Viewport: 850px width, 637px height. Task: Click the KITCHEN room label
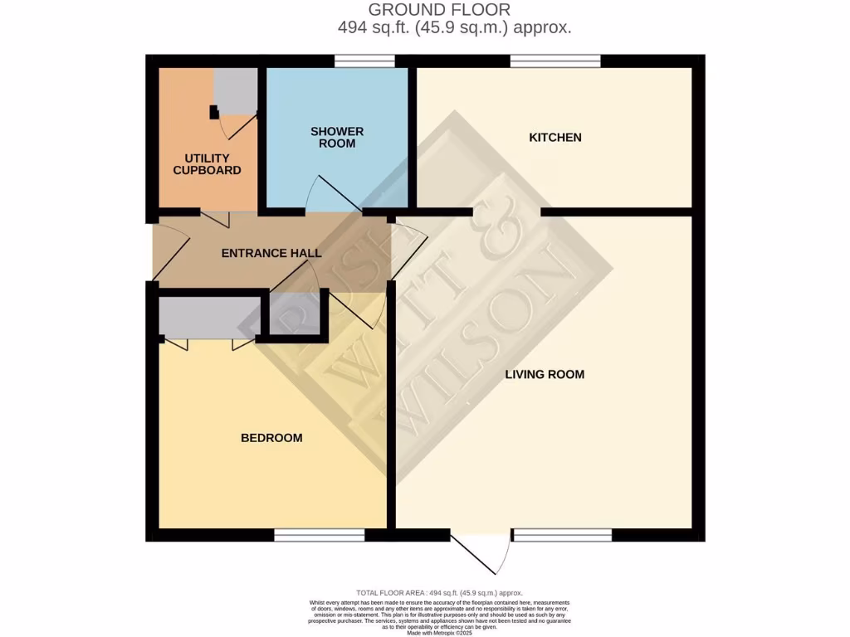point(555,137)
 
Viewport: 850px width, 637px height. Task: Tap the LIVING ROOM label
point(545,374)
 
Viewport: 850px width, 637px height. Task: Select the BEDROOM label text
point(271,437)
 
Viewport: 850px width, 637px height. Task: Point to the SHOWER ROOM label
point(337,137)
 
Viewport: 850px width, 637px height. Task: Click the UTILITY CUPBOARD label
point(207,164)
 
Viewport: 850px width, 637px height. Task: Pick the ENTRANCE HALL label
point(271,253)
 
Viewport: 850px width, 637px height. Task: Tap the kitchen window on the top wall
point(554,60)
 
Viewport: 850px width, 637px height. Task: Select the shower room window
point(364,60)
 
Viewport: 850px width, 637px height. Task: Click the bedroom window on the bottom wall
point(319,536)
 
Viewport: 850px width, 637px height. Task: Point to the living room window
point(562,536)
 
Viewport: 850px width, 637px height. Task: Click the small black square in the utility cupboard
point(214,112)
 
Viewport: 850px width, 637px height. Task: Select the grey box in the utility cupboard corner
point(236,90)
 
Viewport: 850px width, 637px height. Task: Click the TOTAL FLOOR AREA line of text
point(439,592)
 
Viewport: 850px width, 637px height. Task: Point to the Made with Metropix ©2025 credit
point(439,632)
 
